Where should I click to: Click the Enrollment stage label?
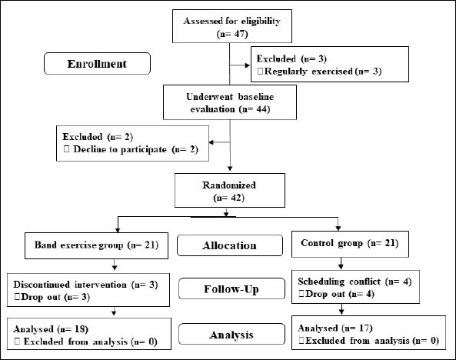coord(97,63)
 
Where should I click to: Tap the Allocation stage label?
coord(230,245)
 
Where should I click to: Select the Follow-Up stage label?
coord(231,288)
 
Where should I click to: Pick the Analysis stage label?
coord(231,334)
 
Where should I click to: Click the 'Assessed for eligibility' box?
coord(232,26)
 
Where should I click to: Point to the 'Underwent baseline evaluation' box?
coord(230,102)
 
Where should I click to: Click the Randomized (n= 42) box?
coord(230,190)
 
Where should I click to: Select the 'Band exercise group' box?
coord(96,245)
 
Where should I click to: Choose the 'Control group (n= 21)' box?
coord(350,244)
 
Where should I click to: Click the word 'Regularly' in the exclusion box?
coord(285,72)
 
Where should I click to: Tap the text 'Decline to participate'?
coord(120,149)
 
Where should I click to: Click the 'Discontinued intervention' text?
coord(70,285)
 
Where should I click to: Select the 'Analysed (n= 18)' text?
coord(51,329)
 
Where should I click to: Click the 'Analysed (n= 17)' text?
coord(335,328)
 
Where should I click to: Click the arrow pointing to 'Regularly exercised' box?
coord(240,65)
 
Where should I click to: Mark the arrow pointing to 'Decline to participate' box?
coord(220,142)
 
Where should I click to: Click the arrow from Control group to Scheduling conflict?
coord(341,263)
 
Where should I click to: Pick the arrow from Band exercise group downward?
coord(115,265)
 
